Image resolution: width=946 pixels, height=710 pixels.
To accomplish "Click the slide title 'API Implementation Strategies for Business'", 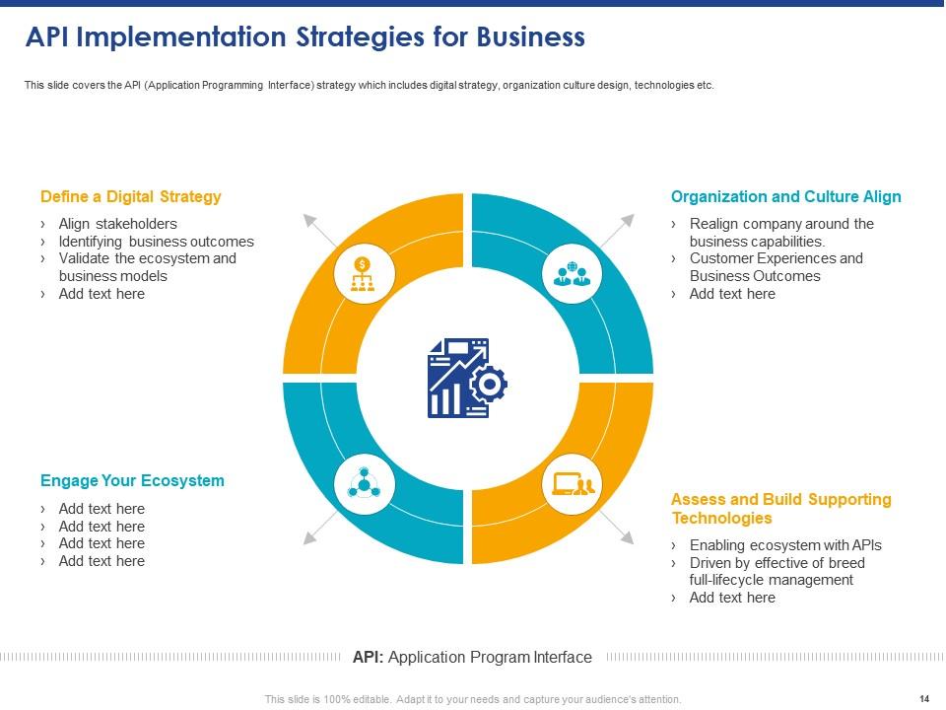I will pos(304,37).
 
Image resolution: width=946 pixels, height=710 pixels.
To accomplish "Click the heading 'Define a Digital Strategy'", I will pos(131,196).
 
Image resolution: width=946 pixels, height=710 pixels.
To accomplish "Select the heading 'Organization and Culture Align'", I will pos(785,196).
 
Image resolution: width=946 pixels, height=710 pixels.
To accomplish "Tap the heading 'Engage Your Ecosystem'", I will pos(132,481).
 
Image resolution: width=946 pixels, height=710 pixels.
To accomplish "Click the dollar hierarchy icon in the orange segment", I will pos(364,274).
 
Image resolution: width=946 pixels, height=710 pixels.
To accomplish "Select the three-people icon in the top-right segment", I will pos(573,273).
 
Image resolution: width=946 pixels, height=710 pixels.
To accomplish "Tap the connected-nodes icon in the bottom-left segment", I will pos(364,483).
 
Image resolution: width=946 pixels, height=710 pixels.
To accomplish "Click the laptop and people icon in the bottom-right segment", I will pos(573,483).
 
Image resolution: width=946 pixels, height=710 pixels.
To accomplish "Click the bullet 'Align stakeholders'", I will pos(117,224).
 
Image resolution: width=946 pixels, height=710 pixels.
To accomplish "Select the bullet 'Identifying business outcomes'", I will pos(156,242).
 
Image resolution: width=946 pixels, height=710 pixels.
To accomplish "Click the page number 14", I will pos(923,699).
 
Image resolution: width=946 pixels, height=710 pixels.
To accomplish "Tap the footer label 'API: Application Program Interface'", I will pos(472,657).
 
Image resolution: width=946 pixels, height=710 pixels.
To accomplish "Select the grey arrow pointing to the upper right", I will pos(628,219).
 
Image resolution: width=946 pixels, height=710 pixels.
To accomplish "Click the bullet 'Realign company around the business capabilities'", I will pos(780,233).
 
